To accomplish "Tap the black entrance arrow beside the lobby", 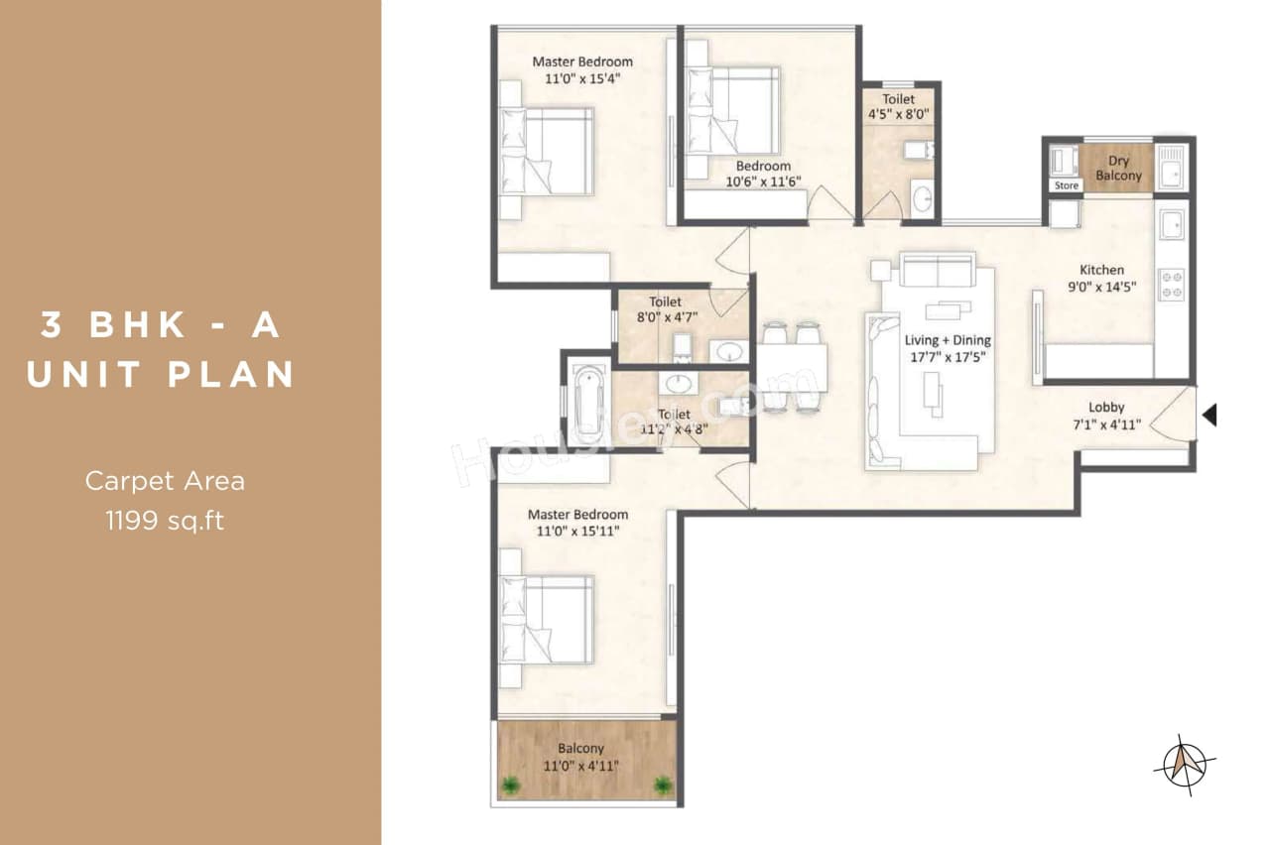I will click(1209, 415).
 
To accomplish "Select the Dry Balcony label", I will click(1118, 168).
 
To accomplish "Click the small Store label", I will click(1066, 185).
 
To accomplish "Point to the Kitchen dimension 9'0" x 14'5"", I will click(1101, 289).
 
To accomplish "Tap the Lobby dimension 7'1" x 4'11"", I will click(1106, 424).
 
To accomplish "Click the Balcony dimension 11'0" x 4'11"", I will click(580, 765).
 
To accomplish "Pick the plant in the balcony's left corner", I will click(511, 785).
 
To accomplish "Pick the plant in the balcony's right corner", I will click(662, 785).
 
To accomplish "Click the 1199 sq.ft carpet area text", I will click(165, 520).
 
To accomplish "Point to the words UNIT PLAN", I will click(161, 374).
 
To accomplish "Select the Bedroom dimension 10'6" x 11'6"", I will click(763, 181).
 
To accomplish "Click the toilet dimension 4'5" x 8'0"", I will click(898, 115).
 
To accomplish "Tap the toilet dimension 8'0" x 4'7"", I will click(665, 317).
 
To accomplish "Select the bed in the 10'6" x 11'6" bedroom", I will click(733, 110).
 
